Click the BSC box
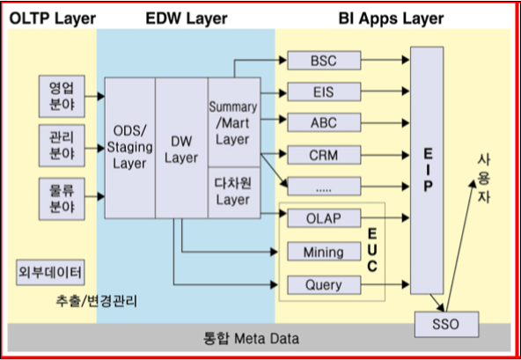(324, 60)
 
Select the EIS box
(324, 92)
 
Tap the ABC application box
(324, 122)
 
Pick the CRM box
(324, 155)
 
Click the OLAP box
(324, 218)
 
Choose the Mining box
(324, 252)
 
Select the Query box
(324, 285)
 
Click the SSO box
(446, 324)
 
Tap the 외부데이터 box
(50, 273)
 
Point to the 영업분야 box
(62, 96)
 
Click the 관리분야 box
(62, 145)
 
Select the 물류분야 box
(62, 199)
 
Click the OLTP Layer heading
(53, 18)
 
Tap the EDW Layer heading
(187, 18)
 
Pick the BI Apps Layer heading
(391, 18)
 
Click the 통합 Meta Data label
(251, 338)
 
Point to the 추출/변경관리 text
(96, 302)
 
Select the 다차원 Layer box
(234, 193)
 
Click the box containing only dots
(324, 186)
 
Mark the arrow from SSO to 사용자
(460, 246)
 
